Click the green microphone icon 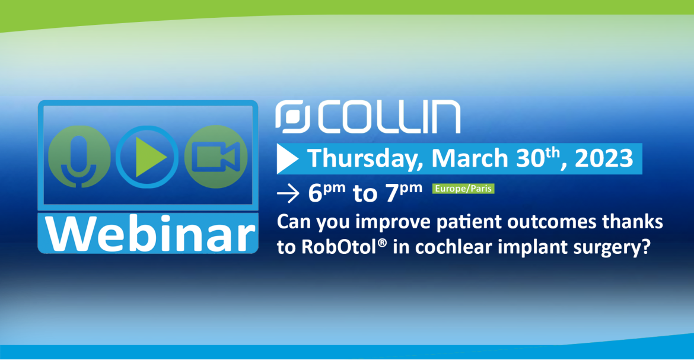79,157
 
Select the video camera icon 215,157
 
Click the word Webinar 151,233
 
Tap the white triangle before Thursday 287,159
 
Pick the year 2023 604,158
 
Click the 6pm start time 327,193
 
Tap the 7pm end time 404,193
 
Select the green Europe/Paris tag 463,189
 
